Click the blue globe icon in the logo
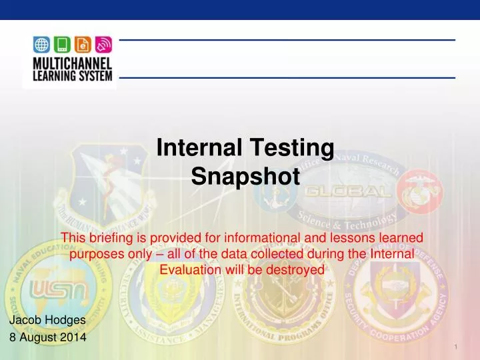tap(41, 45)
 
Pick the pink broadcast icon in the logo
tap(102, 45)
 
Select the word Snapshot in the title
tap(245, 177)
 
